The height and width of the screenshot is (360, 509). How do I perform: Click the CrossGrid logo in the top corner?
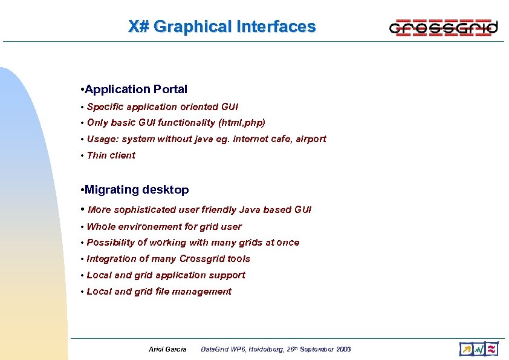tap(444, 27)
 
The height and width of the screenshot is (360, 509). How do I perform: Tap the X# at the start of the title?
tap(138, 27)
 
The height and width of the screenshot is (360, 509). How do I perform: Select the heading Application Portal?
tap(136, 90)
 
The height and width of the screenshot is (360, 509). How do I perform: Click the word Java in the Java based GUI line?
tap(250, 210)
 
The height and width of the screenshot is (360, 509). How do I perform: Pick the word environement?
tap(144, 227)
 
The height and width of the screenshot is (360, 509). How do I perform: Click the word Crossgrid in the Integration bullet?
tap(202, 259)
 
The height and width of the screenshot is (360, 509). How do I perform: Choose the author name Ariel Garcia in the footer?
tap(167, 349)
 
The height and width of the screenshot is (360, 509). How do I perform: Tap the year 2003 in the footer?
tap(342, 349)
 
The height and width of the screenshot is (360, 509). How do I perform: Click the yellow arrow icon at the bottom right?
tap(465, 349)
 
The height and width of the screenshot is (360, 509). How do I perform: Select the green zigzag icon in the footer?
tap(479, 349)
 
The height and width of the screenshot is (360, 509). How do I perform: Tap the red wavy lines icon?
tap(491, 349)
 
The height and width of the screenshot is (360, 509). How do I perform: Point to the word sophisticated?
tap(143, 210)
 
